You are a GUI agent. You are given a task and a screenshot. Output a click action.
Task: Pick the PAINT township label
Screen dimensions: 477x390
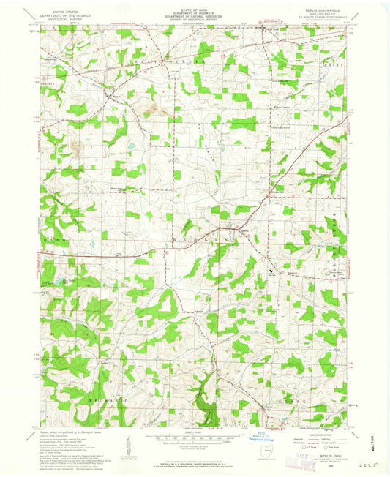337,66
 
